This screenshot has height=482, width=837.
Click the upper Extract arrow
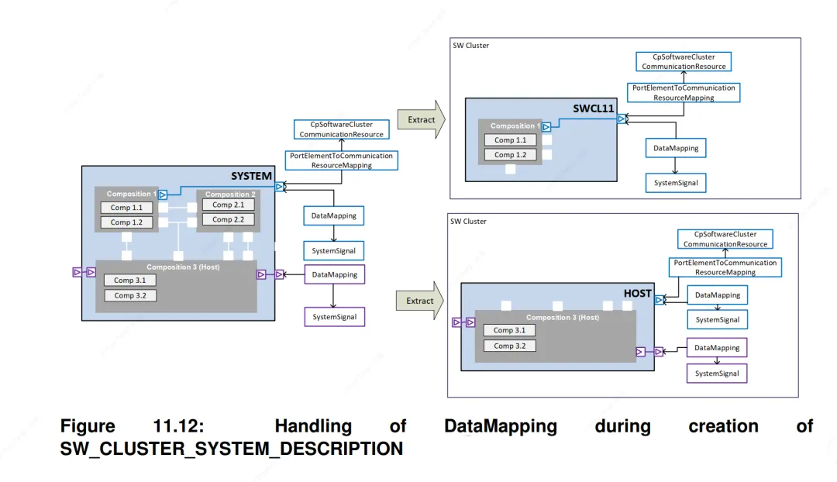pyautogui.click(x=421, y=119)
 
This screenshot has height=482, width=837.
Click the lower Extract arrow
pyautogui.click(x=419, y=301)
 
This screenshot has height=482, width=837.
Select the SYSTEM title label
pyautogui.click(x=251, y=176)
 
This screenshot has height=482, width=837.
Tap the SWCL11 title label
pyautogui.click(x=594, y=108)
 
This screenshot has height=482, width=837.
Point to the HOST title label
pyautogui.click(x=637, y=293)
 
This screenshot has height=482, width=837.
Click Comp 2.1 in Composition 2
pyautogui.click(x=228, y=205)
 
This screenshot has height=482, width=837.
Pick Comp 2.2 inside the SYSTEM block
pyautogui.click(x=228, y=219)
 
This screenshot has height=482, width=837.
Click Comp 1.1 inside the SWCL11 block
pyautogui.click(x=510, y=139)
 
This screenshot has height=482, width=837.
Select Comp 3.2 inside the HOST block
pyautogui.click(x=509, y=346)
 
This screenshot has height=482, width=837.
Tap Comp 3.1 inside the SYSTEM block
pyautogui.click(x=129, y=281)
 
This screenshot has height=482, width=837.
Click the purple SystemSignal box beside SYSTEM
pyautogui.click(x=335, y=316)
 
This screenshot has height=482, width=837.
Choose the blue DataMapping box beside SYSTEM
pyautogui.click(x=333, y=215)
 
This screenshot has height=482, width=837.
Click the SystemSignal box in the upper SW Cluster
pyautogui.click(x=676, y=183)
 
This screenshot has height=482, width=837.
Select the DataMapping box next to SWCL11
pyautogui.click(x=676, y=148)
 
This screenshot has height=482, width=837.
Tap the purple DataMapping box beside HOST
pyautogui.click(x=717, y=347)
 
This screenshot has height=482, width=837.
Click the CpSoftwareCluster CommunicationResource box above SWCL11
pyautogui.click(x=684, y=61)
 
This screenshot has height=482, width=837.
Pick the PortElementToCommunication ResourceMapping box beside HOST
pyautogui.click(x=725, y=267)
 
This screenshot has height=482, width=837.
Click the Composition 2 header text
pyautogui.click(x=230, y=195)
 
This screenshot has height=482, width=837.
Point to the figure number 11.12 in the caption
pyautogui.click(x=178, y=426)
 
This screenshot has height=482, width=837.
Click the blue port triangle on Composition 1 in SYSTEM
pyautogui.click(x=163, y=195)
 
